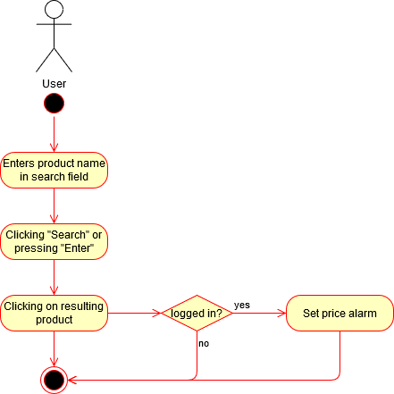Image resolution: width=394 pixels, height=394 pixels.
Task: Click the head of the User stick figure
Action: [x=54, y=9]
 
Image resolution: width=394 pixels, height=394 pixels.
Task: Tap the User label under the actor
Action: [x=54, y=84]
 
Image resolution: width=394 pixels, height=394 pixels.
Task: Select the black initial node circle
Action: [x=54, y=104]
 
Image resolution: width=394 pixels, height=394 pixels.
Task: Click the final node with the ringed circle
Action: [x=54, y=380]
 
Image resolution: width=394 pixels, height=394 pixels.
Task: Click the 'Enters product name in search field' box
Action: [x=54, y=170]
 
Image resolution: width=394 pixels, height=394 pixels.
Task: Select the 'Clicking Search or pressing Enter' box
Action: [x=54, y=241]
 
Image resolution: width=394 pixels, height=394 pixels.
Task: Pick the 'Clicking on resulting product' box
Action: [x=54, y=313]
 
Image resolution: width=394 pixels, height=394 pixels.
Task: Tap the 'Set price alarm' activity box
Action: [x=340, y=313]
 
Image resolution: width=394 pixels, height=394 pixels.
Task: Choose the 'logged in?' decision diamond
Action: [x=197, y=313]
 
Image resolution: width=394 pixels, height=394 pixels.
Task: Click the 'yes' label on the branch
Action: [x=242, y=306]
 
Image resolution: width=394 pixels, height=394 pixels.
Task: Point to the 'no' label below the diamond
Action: [x=204, y=344]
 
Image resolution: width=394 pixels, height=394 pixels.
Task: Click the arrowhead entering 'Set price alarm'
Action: [x=281, y=313]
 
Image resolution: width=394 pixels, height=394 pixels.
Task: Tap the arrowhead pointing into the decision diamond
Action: [x=156, y=313]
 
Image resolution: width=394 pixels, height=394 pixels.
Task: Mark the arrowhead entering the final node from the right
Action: [x=72, y=380]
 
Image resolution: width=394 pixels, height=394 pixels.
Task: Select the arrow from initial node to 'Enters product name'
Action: [x=54, y=134]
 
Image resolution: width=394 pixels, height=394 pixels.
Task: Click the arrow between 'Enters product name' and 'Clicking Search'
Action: [x=54, y=205]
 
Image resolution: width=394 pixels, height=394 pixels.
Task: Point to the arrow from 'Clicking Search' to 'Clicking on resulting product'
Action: [x=54, y=277]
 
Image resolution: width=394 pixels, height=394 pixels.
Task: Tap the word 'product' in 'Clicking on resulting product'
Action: [x=54, y=320]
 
